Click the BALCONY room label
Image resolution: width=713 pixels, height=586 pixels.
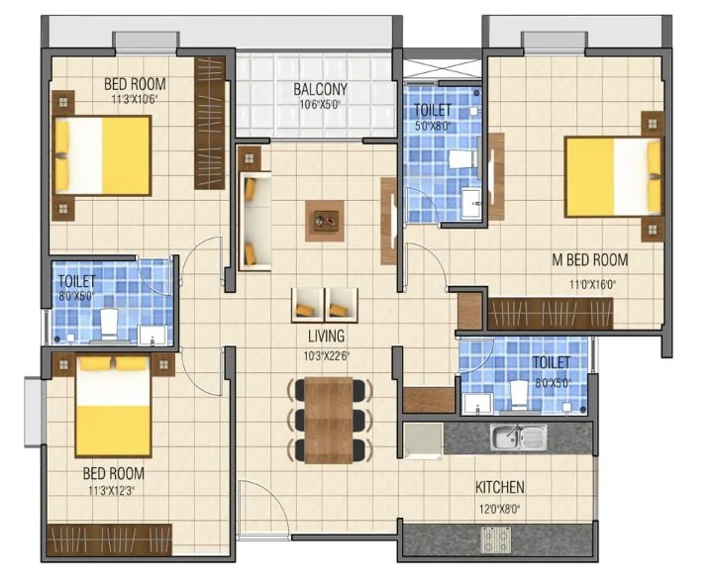320,89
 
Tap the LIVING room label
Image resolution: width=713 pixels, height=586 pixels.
326,336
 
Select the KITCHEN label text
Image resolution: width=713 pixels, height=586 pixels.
500,487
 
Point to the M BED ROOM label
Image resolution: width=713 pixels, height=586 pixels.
590,260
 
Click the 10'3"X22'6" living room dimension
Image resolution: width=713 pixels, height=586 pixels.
327,356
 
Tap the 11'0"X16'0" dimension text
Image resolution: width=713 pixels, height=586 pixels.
592,285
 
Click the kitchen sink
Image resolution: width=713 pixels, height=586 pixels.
518,438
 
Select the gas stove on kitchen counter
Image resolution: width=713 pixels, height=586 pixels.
496,539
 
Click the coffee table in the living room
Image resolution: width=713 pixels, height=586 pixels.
325,221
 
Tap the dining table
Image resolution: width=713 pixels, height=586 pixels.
329,420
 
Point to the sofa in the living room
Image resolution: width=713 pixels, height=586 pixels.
255,221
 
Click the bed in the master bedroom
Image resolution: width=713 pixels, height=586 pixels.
613,176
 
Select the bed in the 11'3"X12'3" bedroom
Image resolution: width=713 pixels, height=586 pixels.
113,407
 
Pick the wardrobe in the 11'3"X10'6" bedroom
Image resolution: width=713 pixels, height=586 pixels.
210,123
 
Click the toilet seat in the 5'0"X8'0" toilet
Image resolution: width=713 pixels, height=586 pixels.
462,159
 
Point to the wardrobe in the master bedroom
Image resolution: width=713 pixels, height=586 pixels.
551,314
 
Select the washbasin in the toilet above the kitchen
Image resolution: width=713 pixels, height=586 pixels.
477,404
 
